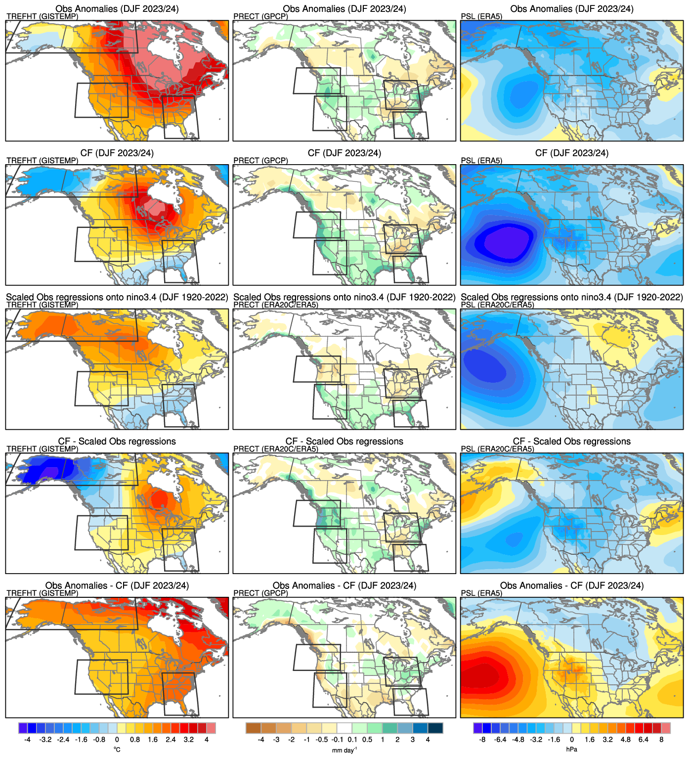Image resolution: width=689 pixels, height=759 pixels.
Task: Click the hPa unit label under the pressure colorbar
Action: [571, 750]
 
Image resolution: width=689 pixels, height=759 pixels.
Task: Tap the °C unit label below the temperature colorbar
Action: [117, 750]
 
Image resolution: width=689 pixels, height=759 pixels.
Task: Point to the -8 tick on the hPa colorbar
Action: [482, 740]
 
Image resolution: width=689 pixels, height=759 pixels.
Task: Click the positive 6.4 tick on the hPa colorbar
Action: [643, 740]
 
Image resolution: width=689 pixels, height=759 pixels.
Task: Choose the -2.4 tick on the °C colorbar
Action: [63, 740]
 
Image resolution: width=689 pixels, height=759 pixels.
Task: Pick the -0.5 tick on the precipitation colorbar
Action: [322, 740]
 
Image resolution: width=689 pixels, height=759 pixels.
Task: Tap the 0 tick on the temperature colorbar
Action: [117, 740]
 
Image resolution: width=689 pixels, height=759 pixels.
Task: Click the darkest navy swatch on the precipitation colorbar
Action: [435, 728]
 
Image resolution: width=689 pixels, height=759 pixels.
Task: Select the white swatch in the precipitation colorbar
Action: [344, 728]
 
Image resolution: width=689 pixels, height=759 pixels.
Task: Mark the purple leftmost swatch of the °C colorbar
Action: [23, 728]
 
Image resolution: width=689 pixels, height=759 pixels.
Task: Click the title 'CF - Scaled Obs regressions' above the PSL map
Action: [572, 441]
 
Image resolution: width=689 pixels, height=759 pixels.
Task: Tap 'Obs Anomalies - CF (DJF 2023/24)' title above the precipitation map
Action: [344, 585]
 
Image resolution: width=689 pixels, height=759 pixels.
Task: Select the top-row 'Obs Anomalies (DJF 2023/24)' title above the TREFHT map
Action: [117, 9]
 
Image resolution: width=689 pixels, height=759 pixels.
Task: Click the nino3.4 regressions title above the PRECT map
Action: [344, 297]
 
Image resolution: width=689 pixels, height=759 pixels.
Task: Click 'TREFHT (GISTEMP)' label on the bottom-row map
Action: [43, 593]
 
